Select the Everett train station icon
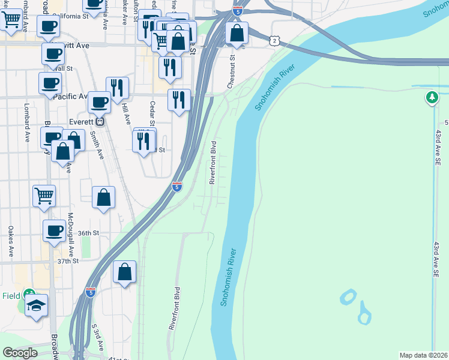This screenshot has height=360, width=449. click(101, 121)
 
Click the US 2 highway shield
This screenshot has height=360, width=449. click(274, 40)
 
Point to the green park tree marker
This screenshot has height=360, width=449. click(432, 98)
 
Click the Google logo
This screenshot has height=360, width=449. click(20, 353)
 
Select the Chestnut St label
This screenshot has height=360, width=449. click(231, 73)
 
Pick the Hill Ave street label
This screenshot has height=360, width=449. click(125, 112)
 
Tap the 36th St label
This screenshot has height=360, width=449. click(88, 233)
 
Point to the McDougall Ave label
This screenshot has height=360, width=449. click(71, 235)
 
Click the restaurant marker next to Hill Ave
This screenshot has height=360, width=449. click(118, 88)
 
